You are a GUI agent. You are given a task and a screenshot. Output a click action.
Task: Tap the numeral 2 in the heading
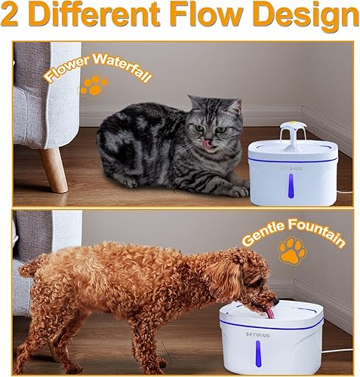14,15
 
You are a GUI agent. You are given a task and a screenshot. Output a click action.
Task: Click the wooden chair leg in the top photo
53,169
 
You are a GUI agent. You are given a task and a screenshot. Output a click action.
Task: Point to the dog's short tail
30,266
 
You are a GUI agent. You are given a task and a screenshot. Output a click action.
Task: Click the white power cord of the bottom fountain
332,351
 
